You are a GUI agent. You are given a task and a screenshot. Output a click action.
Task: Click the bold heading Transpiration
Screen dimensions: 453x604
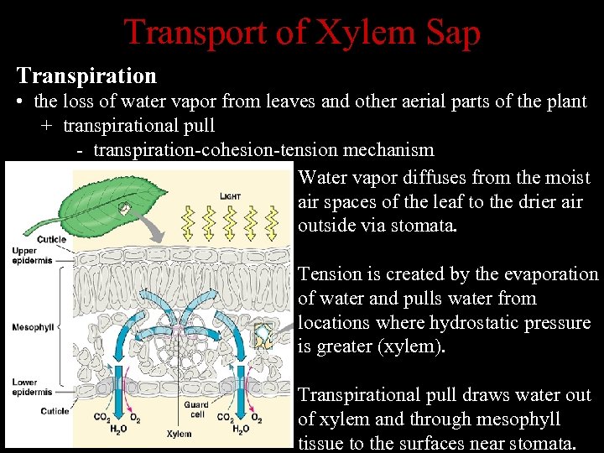[86, 75]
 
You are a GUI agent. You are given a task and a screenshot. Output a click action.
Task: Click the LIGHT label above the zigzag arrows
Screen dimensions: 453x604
[230, 196]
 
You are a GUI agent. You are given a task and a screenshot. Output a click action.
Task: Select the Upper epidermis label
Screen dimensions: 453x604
[32, 256]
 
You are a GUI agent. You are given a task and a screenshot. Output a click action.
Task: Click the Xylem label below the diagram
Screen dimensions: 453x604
[178, 434]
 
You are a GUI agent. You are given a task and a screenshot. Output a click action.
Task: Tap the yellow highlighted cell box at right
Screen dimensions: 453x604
[265, 336]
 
